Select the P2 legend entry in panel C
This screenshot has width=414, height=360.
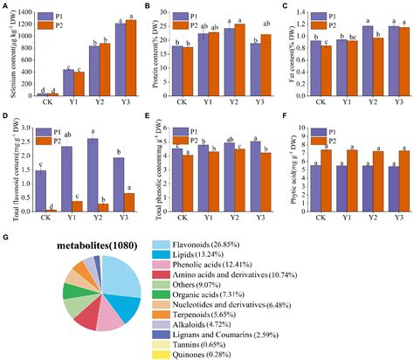pyautogui.click(x=328, y=25)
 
